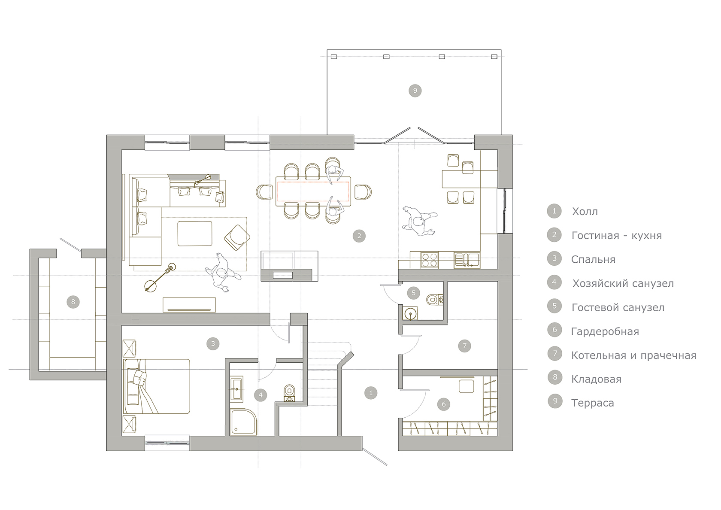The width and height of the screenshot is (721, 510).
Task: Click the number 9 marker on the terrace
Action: pos(415,91)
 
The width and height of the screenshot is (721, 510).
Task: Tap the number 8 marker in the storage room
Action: pos(73,302)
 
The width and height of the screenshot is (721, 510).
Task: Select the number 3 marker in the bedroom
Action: pos(213,344)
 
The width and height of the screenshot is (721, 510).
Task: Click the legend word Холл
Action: pos(585,212)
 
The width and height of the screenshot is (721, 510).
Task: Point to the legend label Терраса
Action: pos(593,403)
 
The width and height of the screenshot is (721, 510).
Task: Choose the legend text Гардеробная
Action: pos(605,331)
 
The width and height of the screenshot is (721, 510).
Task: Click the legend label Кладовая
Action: pos(596,379)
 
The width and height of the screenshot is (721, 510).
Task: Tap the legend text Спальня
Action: pos(593,259)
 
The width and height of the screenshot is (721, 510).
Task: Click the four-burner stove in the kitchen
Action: pos(430,260)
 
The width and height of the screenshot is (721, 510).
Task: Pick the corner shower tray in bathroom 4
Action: pos(244,422)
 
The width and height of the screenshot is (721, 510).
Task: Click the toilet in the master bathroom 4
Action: pos(290,393)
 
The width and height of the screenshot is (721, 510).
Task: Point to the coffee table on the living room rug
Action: pos(195,234)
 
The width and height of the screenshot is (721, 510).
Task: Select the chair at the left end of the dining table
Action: pos(264,192)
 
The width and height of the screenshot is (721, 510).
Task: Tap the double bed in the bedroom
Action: pos(157,386)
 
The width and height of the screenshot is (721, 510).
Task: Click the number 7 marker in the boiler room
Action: pos(464,346)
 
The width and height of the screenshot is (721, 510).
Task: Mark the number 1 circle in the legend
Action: pos(554,211)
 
